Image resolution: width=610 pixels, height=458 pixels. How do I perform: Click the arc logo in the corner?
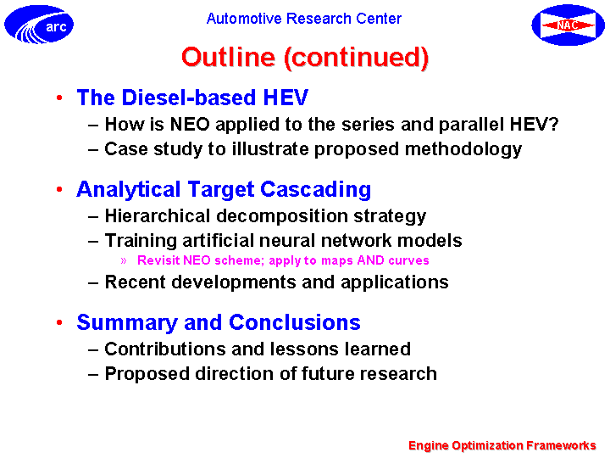(39, 25)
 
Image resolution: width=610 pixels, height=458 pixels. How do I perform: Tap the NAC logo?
(568, 25)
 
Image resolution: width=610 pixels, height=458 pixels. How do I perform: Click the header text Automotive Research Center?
(304, 19)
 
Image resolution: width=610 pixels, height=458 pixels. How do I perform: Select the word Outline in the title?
(229, 57)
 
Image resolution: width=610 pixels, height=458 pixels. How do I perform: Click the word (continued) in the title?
(357, 58)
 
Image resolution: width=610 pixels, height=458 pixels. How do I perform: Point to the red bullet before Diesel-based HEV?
(59, 98)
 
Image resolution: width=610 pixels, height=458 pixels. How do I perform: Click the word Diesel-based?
(189, 98)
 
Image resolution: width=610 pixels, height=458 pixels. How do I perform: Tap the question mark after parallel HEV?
(553, 124)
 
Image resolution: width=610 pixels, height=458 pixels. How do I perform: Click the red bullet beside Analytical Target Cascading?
(59, 189)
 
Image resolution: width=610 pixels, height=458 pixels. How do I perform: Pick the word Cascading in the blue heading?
(315, 191)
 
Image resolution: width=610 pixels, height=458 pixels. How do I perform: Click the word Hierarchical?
(158, 215)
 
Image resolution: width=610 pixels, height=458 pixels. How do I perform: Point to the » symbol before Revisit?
(124, 260)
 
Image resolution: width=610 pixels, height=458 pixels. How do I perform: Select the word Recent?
(136, 282)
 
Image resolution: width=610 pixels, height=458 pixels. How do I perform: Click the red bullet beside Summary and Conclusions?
(59, 322)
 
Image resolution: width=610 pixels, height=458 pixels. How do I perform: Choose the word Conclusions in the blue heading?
(295, 323)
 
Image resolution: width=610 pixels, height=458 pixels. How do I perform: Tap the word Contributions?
(165, 349)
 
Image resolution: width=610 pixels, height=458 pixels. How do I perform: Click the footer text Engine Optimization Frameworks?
(502, 445)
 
